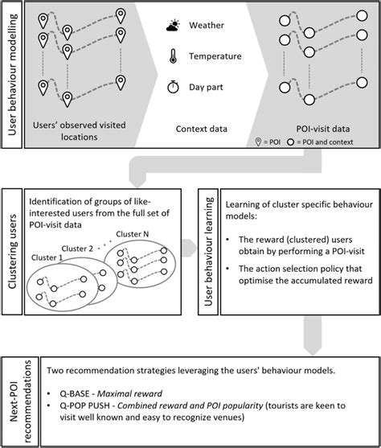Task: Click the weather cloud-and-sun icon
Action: (173, 27)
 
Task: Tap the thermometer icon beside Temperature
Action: (172, 56)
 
